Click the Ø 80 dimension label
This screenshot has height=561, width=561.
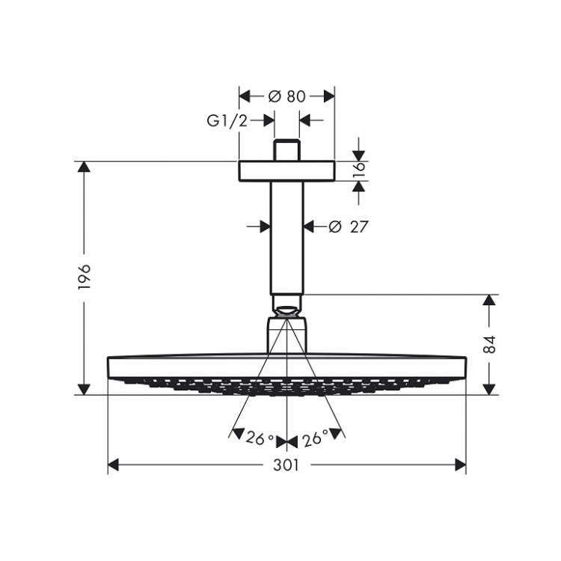(286, 96)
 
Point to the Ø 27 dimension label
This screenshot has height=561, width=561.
(348, 225)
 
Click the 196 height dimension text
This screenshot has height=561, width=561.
(84, 277)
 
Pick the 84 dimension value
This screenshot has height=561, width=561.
(489, 345)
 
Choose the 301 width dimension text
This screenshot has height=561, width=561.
(286, 465)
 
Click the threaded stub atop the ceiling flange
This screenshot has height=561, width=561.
(287, 150)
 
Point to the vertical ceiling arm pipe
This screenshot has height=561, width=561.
(287, 239)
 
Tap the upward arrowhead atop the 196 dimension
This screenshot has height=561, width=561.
(84, 168)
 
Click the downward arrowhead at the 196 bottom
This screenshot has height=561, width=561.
(84, 388)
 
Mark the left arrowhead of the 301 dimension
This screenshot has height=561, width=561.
(114, 465)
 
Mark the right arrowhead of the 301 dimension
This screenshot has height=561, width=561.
(461, 465)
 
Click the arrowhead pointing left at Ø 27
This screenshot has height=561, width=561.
(310, 224)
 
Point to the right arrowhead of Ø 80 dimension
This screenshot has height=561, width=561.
(328, 96)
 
